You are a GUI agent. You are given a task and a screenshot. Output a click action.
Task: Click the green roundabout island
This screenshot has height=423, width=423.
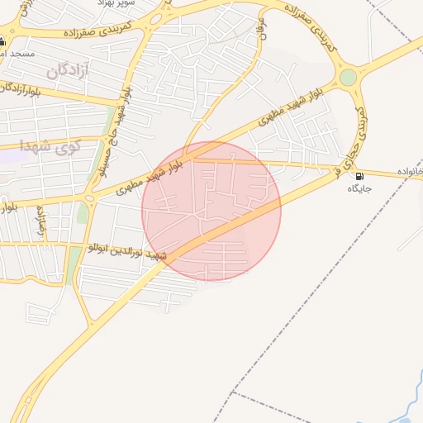tap(349, 78)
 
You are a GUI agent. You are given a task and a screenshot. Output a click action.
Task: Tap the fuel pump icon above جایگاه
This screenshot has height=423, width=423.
tap(359, 176)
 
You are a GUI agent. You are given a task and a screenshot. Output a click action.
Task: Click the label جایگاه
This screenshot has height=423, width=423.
tap(360, 188)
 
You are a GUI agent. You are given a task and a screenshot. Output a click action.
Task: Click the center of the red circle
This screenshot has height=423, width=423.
tap(211, 211)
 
